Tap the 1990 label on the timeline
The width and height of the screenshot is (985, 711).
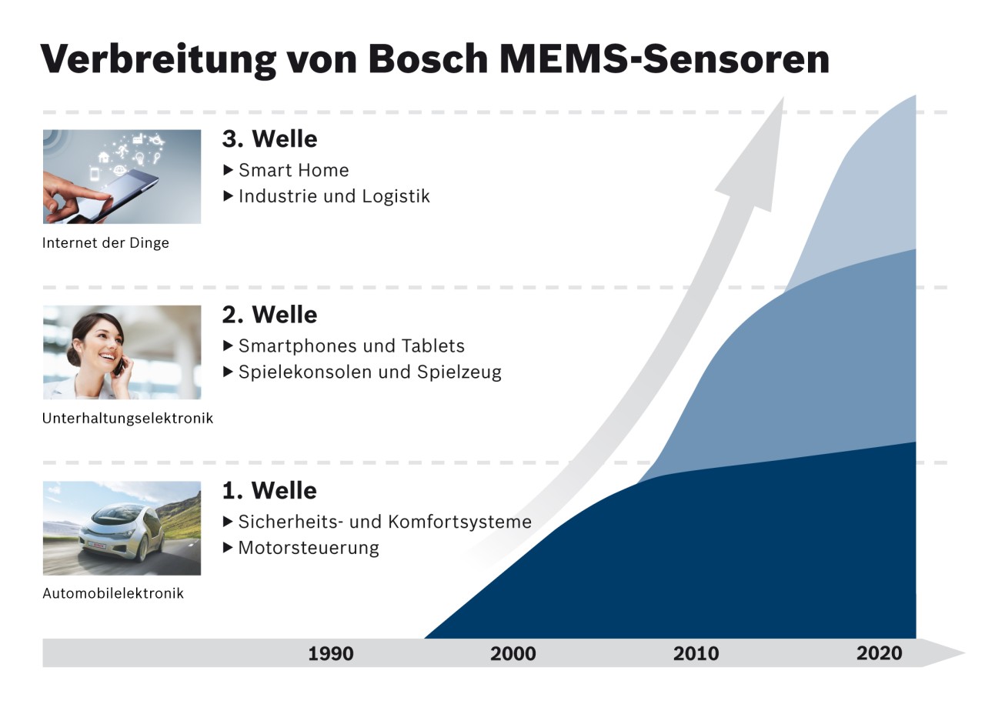331,654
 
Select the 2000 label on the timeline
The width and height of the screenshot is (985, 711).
513,654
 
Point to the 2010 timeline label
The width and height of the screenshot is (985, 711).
696,654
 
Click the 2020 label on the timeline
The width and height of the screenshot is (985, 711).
879,653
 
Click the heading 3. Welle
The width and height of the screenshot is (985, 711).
269,139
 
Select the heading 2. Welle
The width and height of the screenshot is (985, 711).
269,315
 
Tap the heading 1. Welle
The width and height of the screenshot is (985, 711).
269,490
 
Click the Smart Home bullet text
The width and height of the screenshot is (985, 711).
293,170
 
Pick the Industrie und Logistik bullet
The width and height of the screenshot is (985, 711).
334,196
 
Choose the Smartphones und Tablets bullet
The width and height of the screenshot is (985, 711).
351,345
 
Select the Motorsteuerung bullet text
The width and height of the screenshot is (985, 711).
309,548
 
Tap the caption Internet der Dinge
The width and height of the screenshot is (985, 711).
105,243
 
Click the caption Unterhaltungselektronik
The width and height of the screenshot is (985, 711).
128,419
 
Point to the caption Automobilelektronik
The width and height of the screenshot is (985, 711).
113,594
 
